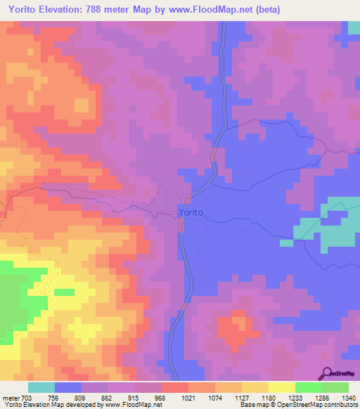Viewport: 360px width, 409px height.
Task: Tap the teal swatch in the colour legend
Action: (x=41, y=387)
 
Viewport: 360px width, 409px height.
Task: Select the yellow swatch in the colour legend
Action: (x=281, y=387)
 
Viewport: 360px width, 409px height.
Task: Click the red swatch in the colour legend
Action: (x=174, y=387)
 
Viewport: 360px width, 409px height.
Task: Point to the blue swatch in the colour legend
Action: (x=68, y=387)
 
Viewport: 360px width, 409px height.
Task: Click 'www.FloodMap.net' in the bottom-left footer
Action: (x=134, y=405)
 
